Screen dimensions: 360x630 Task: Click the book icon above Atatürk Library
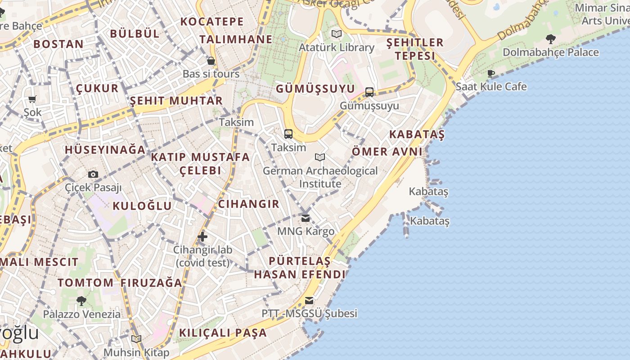coord(336,34)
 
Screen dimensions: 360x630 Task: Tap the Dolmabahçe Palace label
coord(550,52)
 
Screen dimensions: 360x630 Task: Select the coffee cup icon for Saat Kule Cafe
coord(490,73)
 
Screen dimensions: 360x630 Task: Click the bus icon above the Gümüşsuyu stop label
coord(369,92)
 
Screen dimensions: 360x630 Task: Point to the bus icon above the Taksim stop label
coord(288,134)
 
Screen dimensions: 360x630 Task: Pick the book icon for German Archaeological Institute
coord(320,157)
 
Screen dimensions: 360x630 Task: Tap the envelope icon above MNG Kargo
coord(306,218)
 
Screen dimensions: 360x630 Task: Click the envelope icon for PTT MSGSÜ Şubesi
coord(309,301)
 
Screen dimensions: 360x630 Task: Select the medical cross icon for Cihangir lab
coord(202,236)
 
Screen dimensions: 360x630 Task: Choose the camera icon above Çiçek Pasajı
coord(93,174)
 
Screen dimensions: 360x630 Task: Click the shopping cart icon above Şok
coord(32,99)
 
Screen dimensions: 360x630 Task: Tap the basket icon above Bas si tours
coord(211,61)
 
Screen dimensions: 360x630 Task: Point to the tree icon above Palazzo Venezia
coord(81,301)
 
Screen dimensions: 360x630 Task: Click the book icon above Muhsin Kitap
coord(136,339)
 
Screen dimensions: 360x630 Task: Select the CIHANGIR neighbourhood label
coord(248,204)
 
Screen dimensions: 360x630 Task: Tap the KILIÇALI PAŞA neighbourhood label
coord(223,333)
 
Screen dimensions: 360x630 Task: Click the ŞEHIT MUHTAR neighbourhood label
coord(176,100)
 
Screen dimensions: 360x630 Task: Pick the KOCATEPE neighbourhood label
coord(212,22)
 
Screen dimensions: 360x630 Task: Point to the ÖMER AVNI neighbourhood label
coord(387,151)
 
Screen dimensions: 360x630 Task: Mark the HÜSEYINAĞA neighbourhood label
coord(105,150)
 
